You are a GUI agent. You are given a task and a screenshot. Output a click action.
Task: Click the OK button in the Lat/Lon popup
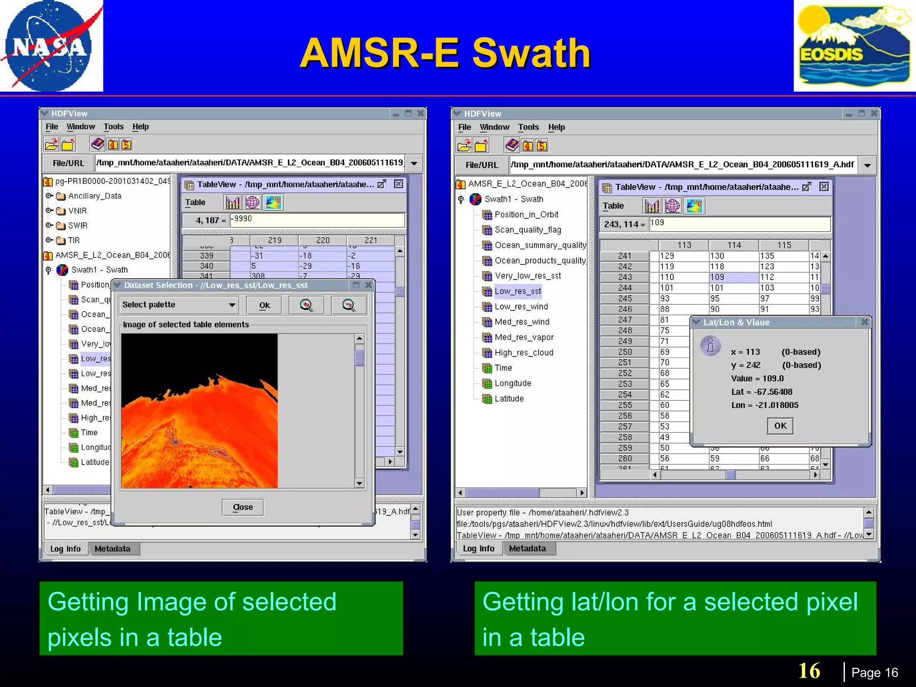click(x=780, y=426)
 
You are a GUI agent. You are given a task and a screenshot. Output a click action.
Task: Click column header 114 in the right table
click(x=734, y=245)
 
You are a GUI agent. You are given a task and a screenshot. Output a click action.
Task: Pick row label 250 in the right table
click(x=625, y=352)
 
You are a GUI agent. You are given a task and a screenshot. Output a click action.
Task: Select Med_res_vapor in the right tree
click(x=524, y=337)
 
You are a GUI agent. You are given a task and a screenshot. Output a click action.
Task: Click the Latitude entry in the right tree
click(x=509, y=399)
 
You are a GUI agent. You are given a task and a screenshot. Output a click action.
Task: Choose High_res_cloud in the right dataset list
click(x=524, y=352)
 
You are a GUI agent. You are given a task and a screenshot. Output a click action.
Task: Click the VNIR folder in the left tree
click(x=77, y=211)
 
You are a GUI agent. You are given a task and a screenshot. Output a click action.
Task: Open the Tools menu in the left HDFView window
click(x=114, y=127)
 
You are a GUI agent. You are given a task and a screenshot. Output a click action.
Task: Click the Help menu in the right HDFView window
click(x=556, y=127)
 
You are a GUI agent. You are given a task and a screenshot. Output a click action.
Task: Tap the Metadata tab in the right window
click(x=527, y=548)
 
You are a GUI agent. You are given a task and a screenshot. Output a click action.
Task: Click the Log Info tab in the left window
click(x=65, y=549)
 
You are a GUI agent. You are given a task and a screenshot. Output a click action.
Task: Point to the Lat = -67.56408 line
click(x=762, y=392)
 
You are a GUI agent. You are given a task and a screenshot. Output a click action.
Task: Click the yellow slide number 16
click(x=809, y=671)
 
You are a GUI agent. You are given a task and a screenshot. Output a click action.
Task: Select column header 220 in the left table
click(x=322, y=241)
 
